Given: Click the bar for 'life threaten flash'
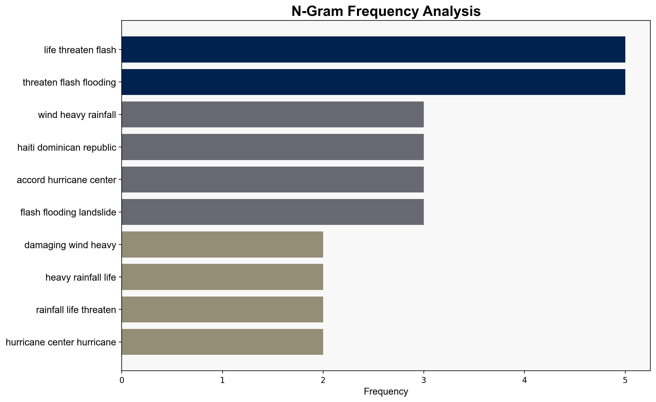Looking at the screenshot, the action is pos(373,49).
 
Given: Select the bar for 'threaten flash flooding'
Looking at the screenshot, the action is pos(373,82).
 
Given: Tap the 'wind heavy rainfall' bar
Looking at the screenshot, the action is pos(273,115).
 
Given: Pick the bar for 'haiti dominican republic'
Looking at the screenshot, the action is pos(273,147).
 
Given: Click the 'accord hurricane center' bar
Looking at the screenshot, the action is pos(273,179).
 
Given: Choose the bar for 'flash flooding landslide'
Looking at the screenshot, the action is pos(273,212).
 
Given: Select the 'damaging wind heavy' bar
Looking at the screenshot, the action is pos(223,244).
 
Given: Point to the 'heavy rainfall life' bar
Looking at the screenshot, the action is pos(223,277).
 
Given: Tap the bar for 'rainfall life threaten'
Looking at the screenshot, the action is pos(223,309).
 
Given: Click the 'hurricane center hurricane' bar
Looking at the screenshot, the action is pos(223,342).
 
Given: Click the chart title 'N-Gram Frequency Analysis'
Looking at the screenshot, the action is pos(386,11).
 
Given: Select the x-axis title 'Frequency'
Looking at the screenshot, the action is pos(386,391).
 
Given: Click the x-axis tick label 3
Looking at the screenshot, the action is pos(424,380).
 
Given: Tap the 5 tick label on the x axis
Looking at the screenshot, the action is pos(625,380).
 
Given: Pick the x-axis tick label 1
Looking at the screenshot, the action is pos(223,380).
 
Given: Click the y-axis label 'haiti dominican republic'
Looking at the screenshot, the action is pos(67,148).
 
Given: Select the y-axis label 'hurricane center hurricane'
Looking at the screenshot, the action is pos(61,342).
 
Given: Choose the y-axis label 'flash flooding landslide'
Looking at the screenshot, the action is pos(68,212).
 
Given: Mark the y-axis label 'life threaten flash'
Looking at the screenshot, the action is pos(80,50).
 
